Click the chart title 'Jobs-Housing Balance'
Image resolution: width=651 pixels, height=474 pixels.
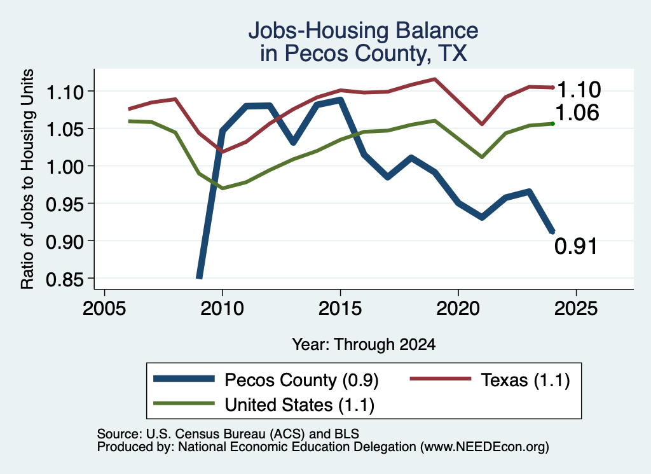[x=363, y=31]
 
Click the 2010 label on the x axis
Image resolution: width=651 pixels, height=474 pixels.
[x=222, y=308]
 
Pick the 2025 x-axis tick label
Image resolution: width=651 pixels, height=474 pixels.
[x=576, y=308]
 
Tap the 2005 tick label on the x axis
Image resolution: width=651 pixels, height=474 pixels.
[x=104, y=308]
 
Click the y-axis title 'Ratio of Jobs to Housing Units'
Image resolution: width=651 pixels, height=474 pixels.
[x=27, y=179]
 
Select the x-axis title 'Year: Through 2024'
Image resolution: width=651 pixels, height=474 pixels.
[x=364, y=344]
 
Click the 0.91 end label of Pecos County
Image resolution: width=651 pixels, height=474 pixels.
[x=576, y=246]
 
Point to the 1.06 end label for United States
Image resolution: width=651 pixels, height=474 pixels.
[x=577, y=113]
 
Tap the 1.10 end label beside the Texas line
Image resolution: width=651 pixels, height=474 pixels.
[x=579, y=89]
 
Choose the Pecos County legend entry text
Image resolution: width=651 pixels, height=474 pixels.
[x=301, y=380]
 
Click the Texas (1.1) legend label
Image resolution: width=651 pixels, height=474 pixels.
[x=525, y=380]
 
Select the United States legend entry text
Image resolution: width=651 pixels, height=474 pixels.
[x=299, y=405]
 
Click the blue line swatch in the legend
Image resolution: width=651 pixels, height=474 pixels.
[x=184, y=379]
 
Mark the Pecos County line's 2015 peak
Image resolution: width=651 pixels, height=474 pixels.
[x=341, y=100]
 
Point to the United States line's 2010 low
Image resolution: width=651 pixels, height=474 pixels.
[x=223, y=188]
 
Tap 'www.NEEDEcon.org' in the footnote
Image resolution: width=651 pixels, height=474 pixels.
[x=484, y=447]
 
